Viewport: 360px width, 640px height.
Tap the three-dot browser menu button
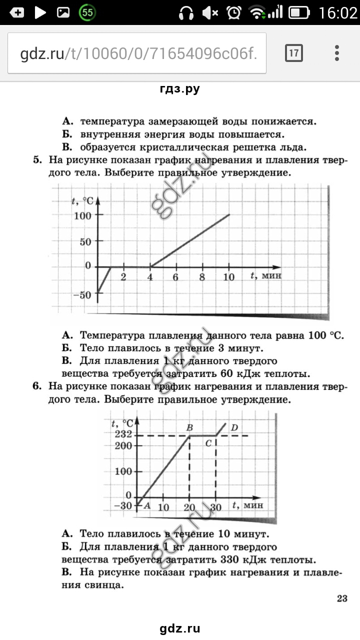tap(337, 52)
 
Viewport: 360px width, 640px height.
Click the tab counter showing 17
tap(294, 52)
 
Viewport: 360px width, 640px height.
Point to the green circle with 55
tap(88, 13)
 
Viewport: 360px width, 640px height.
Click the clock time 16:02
tap(338, 13)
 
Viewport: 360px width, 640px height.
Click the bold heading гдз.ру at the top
tap(180, 89)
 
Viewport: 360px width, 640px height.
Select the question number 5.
tap(37, 160)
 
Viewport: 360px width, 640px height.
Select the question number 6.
tap(37, 386)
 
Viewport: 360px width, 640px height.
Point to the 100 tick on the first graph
tap(83, 215)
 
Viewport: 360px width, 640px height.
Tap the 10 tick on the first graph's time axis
tap(228, 277)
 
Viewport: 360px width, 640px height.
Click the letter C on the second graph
tap(209, 444)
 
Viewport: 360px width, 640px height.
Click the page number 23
tap(342, 598)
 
